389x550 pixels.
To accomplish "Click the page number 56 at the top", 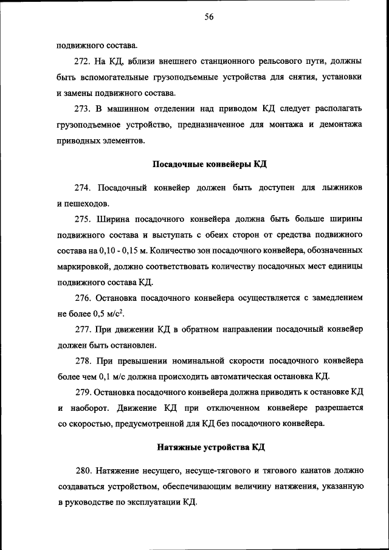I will pos(208,18).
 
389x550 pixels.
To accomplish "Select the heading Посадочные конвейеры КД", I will pos(208,165).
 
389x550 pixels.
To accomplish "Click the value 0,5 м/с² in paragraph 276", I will pos(108,314).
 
